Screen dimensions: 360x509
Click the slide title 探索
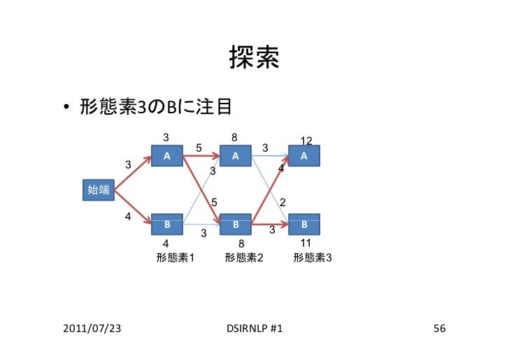254,60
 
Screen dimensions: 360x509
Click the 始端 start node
98,189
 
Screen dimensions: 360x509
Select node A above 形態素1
167,156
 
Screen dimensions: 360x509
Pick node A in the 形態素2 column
236,156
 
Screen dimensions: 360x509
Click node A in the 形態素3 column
304,156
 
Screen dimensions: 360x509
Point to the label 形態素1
175,258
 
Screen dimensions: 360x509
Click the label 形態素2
243,258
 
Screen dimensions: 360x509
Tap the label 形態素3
313,258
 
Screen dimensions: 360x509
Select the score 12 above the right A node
306,141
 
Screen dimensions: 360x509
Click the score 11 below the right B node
305,243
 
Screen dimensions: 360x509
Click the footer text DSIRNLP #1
254,328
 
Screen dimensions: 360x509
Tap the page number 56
439,328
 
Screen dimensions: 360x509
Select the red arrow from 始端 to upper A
133,172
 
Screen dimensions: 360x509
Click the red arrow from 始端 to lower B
133,207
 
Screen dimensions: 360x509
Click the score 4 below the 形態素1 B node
166,243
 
